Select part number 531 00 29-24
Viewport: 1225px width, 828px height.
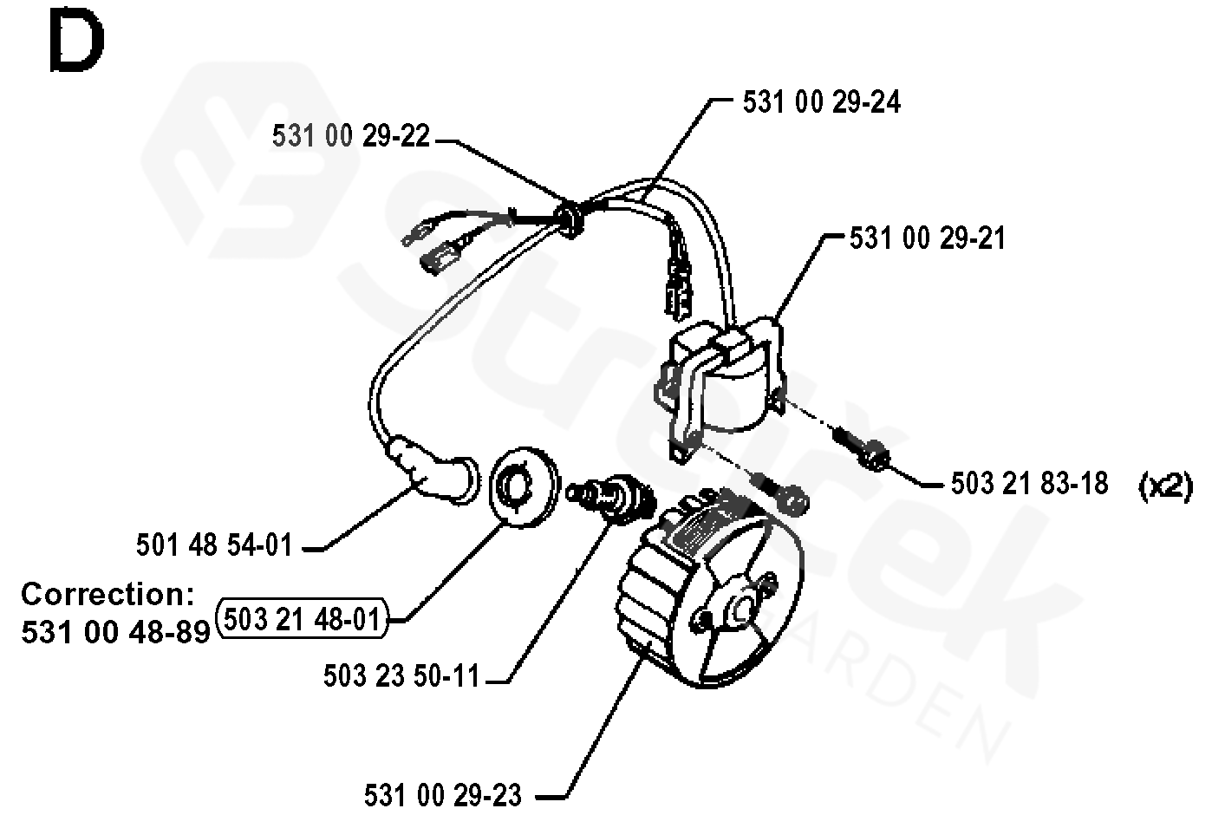tap(821, 102)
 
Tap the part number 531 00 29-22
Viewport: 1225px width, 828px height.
tap(350, 136)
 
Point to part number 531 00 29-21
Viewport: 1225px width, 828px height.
tap(927, 238)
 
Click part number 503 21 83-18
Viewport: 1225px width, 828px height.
tap(1029, 483)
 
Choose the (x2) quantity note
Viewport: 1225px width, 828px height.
tap(1165, 486)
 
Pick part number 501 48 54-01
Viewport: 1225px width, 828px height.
tap(214, 544)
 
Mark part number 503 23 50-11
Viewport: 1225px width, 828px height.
tap(401, 675)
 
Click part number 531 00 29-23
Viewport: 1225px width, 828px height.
tap(443, 794)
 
